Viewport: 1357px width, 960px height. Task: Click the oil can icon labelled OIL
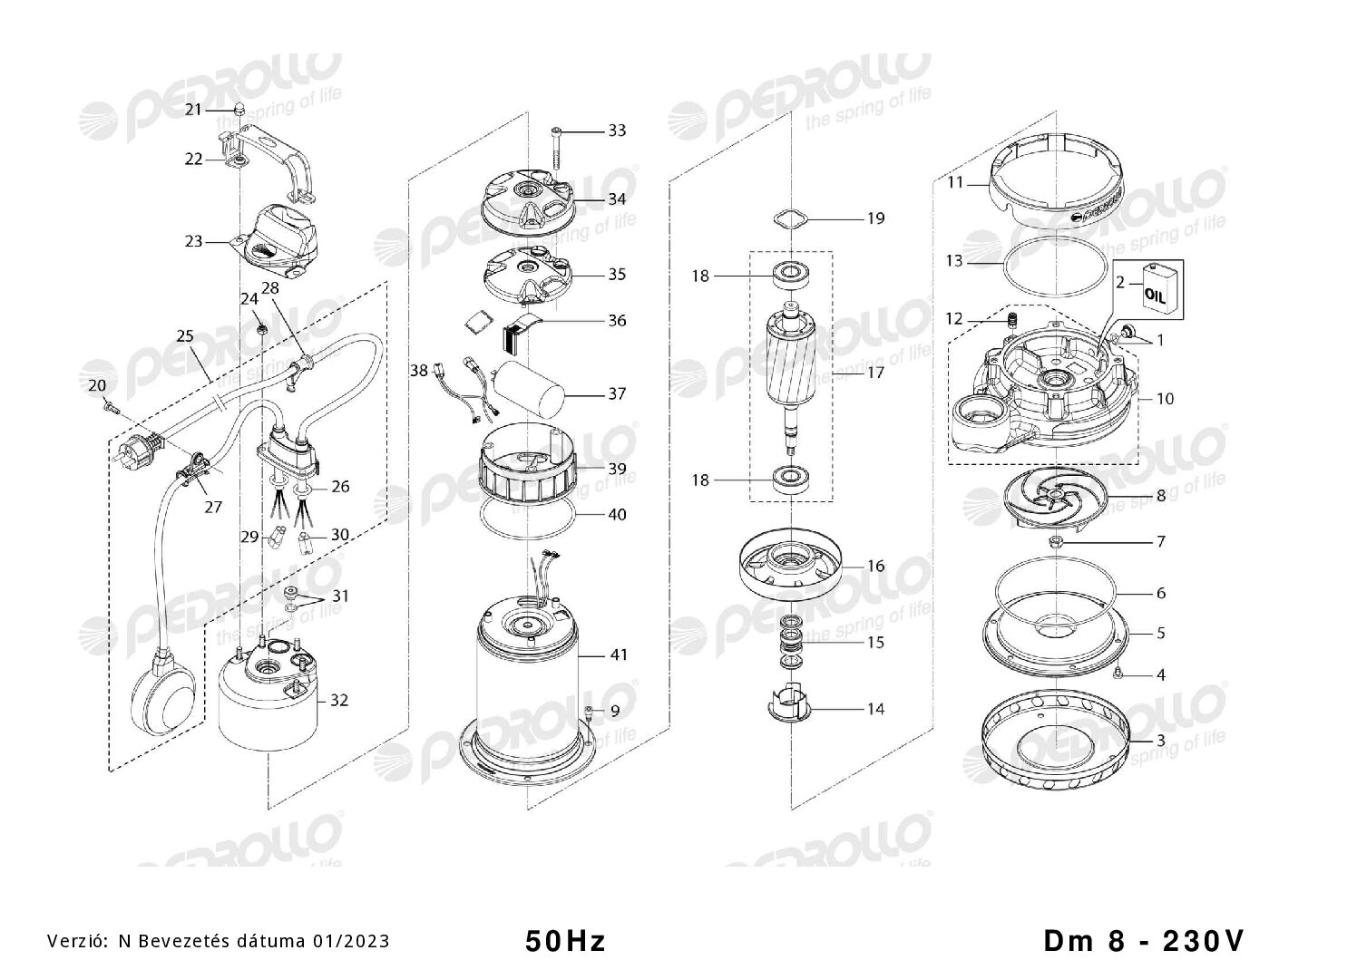[1155, 289]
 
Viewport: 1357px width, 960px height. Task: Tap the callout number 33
[617, 131]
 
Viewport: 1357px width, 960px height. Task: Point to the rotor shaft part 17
[791, 373]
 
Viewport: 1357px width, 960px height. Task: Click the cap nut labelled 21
[239, 111]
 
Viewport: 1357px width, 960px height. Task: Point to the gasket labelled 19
[790, 218]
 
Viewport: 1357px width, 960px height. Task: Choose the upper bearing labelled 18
[791, 276]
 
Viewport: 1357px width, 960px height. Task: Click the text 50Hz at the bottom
[565, 941]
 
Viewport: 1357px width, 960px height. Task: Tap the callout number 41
[618, 655]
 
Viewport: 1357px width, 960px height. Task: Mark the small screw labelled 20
[112, 409]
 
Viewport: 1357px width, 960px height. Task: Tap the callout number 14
[876, 708]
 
